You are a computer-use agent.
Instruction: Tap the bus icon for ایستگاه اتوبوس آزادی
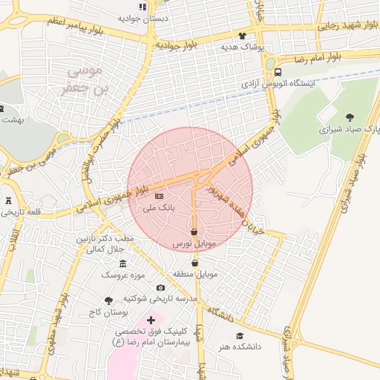click(x=278, y=72)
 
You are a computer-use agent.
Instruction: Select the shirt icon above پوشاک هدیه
click(x=241, y=35)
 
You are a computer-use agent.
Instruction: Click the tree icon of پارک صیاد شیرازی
click(x=350, y=117)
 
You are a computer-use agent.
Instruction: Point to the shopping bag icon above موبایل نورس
click(x=194, y=232)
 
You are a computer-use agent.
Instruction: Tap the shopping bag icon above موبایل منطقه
click(x=194, y=263)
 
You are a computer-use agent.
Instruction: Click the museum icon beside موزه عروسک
click(x=122, y=264)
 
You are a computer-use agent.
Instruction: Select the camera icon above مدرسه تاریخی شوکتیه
click(x=160, y=287)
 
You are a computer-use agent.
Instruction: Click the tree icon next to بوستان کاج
click(x=108, y=301)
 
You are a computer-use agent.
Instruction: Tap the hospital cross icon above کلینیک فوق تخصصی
click(x=151, y=320)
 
